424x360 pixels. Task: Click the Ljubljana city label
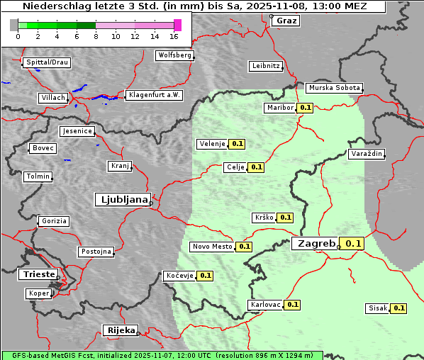click(x=122, y=200)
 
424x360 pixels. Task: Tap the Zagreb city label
click(x=316, y=244)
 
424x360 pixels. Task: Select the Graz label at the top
click(x=286, y=21)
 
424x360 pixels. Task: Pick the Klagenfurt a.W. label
click(x=154, y=95)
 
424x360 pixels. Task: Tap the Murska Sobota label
click(x=334, y=88)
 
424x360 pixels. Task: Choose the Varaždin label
click(x=367, y=154)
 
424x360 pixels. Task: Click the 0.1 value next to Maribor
click(x=305, y=108)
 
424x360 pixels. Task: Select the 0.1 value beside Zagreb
click(x=352, y=244)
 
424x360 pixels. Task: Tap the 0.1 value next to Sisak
click(x=398, y=308)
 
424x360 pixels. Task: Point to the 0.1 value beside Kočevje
click(x=205, y=275)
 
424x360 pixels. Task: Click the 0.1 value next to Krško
click(x=284, y=218)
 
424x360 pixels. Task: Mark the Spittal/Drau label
click(x=47, y=62)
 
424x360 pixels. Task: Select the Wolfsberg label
click(x=174, y=55)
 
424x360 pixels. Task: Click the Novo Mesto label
click(x=212, y=247)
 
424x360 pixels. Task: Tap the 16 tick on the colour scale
click(x=174, y=35)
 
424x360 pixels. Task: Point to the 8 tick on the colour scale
click(x=96, y=35)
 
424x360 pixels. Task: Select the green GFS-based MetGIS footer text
click(x=162, y=355)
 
